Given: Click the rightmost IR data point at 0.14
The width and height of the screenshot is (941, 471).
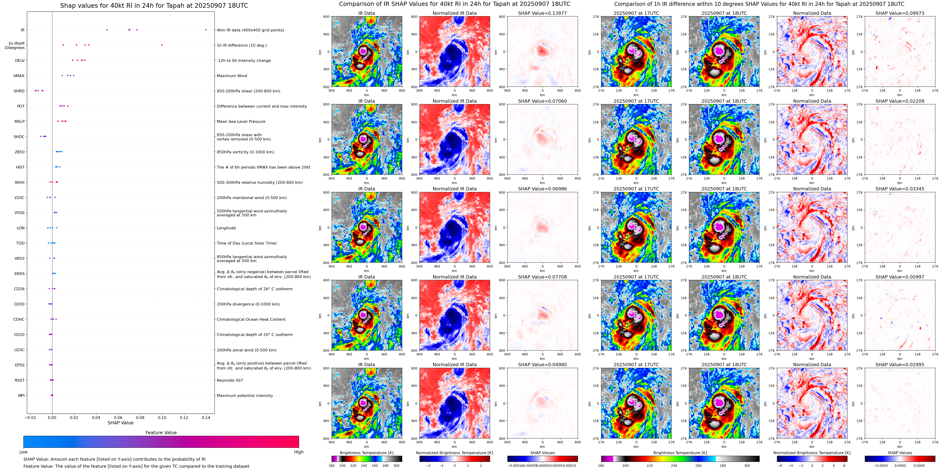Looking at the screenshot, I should pos(206,30).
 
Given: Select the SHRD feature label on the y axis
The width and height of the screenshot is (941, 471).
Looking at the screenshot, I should pos(19,91).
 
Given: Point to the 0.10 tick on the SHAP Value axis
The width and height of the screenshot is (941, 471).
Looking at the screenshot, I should pos(162,418).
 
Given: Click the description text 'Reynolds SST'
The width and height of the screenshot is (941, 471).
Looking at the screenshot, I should pos(229,380).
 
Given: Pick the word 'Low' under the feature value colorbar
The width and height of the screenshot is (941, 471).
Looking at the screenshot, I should pos(23,452).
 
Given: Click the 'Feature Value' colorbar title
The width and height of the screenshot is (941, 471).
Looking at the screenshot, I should pos(161,433).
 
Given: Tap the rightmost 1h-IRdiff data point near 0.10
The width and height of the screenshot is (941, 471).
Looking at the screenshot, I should pos(162,45).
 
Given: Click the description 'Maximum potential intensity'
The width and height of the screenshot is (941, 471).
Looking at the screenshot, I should pos(244,396).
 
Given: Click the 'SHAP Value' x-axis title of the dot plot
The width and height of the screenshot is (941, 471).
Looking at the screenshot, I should pos(120,423).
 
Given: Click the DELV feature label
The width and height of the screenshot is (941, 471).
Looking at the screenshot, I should pos(20,61).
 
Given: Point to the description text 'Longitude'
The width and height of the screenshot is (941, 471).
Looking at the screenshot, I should pos(226,228).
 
